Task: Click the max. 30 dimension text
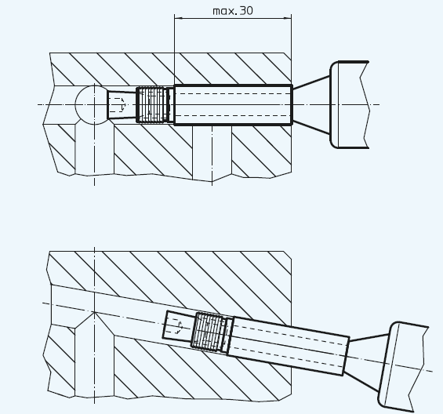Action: click(233, 11)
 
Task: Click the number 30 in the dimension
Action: click(246, 11)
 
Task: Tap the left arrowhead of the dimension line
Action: click(178, 18)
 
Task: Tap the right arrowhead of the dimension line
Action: click(288, 18)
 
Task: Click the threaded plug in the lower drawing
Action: click(209, 331)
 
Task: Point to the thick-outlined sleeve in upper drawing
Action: click(234, 104)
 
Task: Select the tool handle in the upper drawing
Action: click(350, 104)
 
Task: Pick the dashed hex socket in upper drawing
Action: click(118, 104)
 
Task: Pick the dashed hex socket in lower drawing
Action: click(175, 326)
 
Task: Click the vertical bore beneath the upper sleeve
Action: click(212, 152)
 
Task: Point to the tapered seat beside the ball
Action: click(122, 104)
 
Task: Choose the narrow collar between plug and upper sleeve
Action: click(170, 105)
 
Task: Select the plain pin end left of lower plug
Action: click(178, 326)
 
